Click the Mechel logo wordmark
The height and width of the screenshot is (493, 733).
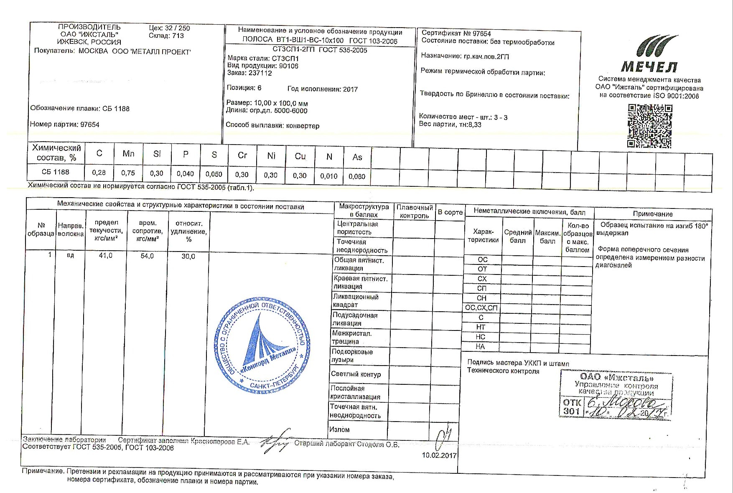[649, 66]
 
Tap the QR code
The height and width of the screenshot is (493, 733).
[650, 126]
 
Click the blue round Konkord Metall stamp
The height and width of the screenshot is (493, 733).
[262, 345]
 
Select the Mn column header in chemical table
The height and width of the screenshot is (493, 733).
[128, 154]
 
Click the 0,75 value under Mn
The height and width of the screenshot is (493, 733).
[128, 173]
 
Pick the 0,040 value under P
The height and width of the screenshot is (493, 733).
[185, 173]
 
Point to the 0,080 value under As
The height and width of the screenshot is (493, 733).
[357, 176]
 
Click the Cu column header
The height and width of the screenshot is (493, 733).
[300, 156]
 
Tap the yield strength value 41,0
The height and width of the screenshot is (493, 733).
[105, 256]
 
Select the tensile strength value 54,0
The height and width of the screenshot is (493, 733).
[147, 256]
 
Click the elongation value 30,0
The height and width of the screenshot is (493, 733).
[188, 256]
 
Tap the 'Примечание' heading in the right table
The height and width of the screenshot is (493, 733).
[652, 214]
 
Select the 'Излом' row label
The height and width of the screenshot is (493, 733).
[339, 429]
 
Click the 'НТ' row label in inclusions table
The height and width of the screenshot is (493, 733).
[481, 327]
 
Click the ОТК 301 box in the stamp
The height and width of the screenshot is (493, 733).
[571, 407]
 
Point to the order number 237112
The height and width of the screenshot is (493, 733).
[260, 73]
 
